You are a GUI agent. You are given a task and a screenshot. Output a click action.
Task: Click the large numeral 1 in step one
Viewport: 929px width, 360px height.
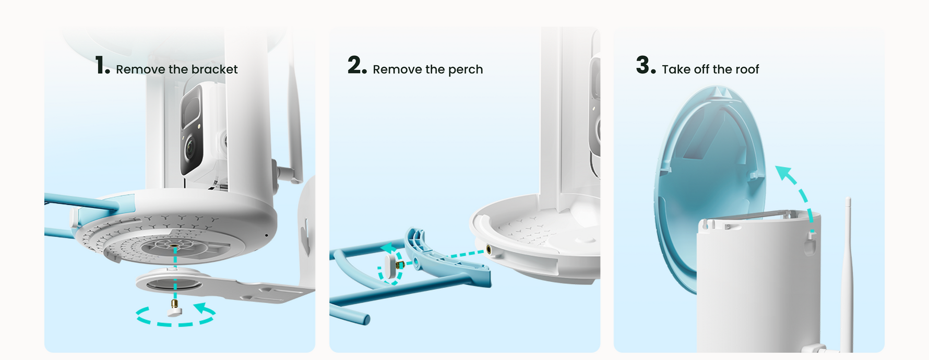coord(100,66)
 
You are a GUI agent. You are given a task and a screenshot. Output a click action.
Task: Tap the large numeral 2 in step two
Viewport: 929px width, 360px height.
coord(355,65)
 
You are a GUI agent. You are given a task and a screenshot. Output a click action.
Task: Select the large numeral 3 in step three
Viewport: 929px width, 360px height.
coord(644,65)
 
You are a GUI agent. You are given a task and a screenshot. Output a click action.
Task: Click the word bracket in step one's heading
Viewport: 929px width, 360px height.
coord(215,69)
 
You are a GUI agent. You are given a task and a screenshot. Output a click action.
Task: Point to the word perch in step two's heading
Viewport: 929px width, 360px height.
coord(466,70)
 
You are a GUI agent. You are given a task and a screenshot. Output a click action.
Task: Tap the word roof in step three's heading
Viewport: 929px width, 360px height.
coord(747,69)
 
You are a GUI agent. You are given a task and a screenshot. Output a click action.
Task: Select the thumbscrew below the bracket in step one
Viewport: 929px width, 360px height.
coord(174,308)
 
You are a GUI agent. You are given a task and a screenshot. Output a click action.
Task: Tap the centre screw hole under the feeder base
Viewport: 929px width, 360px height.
coord(174,244)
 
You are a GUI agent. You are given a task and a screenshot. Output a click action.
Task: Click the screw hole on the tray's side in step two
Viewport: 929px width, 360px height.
coord(489,250)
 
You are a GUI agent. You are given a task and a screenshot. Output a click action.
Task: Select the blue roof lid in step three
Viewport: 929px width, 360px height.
coord(710,188)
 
